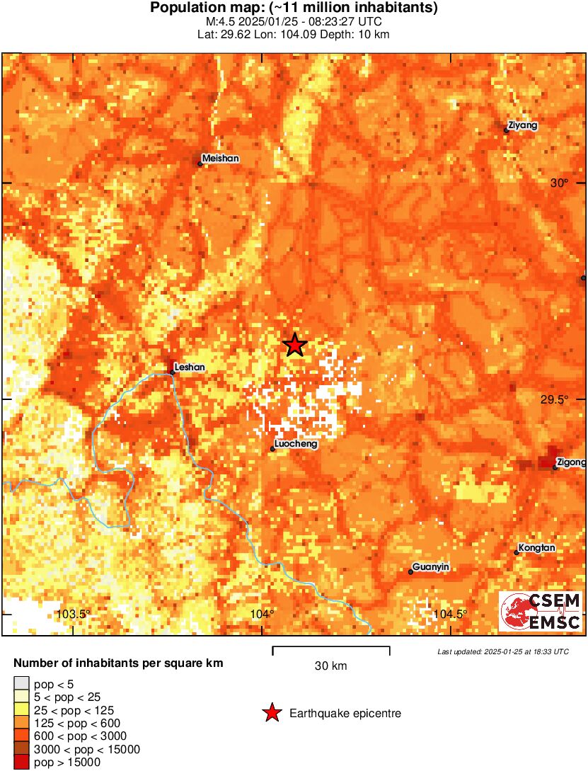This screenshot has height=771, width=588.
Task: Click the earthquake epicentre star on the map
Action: click(x=295, y=345)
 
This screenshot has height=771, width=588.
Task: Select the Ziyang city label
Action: click(x=523, y=125)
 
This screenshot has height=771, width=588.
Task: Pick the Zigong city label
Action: click(x=571, y=462)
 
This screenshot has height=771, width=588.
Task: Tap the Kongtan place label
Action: click(x=536, y=547)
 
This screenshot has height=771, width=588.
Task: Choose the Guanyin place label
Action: click(x=430, y=567)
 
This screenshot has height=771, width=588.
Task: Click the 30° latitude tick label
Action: click(x=559, y=183)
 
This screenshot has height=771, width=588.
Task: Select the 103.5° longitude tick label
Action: click(x=74, y=614)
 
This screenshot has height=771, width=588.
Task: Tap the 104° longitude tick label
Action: click(x=263, y=614)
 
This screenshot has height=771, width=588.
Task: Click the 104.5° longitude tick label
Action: click(x=451, y=614)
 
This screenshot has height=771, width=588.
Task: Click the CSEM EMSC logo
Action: click(x=541, y=612)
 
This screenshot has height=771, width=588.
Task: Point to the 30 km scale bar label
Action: click(x=330, y=666)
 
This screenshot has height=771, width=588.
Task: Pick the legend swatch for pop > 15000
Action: click(x=22, y=763)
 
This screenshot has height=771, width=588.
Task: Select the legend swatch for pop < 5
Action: click(x=22, y=683)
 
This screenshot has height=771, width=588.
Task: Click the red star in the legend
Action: click(x=271, y=714)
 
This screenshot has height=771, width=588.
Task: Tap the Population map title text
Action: click(x=294, y=8)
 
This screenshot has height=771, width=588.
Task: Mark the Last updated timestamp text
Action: click(x=502, y=651)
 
